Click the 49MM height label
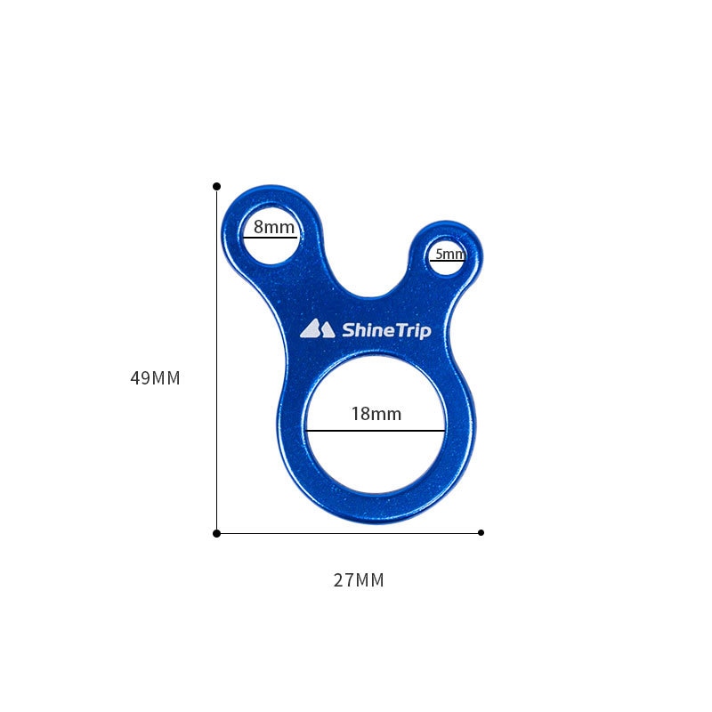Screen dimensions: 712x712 (155, 377)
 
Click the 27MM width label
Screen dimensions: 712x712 (359, 580)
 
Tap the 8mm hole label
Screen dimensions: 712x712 (274, 227)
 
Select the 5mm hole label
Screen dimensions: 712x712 (450, 254)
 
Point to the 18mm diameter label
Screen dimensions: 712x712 (376, 414)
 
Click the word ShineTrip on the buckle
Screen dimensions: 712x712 (386, 330)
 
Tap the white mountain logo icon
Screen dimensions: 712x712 (317, 328)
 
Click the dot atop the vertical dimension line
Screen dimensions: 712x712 (216, 186)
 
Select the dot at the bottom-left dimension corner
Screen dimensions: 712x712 (216, 533)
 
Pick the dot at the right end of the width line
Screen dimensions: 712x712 (481, 532)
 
